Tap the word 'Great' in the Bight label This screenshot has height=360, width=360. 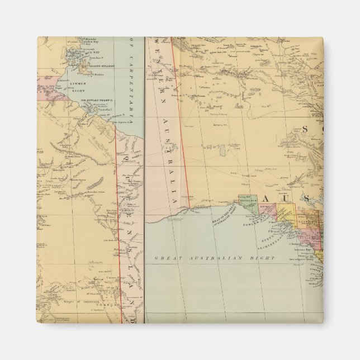point(168,258)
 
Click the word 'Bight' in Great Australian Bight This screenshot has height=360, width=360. point(265,258)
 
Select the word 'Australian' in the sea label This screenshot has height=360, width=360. point(216,258)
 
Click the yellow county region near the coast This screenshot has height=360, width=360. point(286,211)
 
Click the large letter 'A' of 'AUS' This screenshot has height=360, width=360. point(268,200)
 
